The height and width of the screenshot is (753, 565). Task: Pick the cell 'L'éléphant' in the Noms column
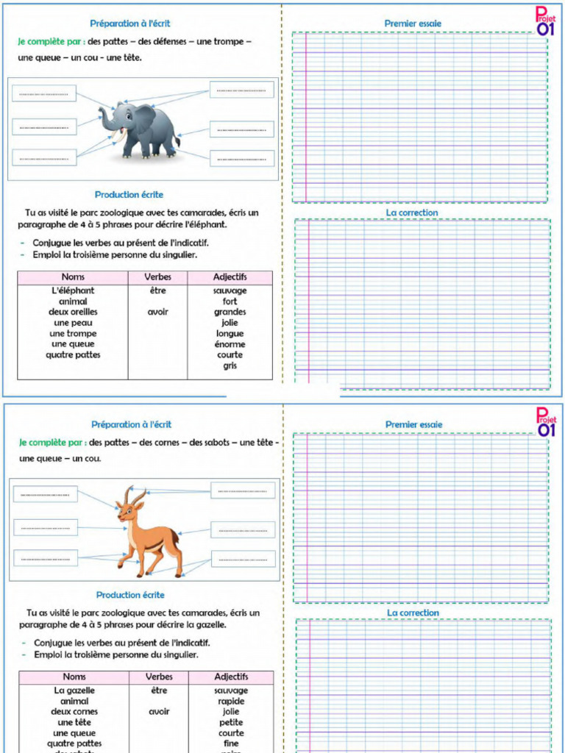coord(73,290)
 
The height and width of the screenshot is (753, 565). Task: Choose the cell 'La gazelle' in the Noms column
coord(74,690)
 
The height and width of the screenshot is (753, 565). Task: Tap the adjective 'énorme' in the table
coord(230,344)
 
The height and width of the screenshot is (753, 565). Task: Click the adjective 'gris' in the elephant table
coord(230,365)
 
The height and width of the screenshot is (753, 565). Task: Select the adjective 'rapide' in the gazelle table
coord(231,702)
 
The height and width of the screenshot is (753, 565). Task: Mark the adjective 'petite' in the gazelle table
coord(231,723)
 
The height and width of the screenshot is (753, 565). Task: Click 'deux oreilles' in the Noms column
coord(73,312)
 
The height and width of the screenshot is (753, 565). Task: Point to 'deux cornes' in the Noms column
coord(74,712)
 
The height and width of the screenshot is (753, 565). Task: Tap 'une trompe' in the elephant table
coord(73,333)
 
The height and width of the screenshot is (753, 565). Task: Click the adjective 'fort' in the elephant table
coord(230,301)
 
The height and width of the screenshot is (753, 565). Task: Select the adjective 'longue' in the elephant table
coord(230,333)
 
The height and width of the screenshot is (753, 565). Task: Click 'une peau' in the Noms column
coord(73,323)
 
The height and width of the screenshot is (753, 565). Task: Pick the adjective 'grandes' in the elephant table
coord(230,312)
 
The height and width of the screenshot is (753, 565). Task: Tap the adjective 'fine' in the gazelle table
coord(231,743)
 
